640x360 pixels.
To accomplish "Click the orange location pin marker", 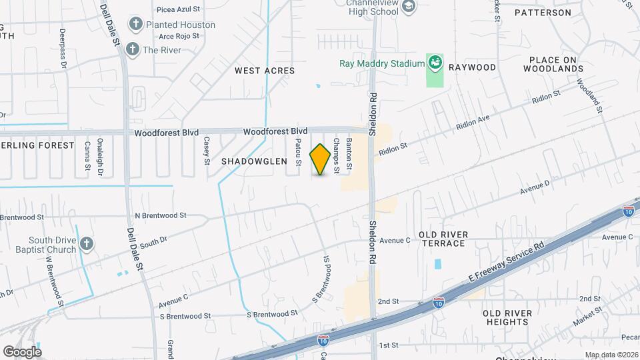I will pyautogui.click(x=321, y=159).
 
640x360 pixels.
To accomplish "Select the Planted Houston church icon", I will pyautogui.click(x=136, y=25).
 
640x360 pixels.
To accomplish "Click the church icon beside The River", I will pyautogui.click(x=132, y=49).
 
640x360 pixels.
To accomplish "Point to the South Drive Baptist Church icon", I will pyautogui.click(x=86, y=245).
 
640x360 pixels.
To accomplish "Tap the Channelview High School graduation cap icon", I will pyautogui.click(x=409, y=7).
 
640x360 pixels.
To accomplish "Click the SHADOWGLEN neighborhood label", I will pyautogui.click(x=253, y=161).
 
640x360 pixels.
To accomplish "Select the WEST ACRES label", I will pyautogui.click(x=265, y=70).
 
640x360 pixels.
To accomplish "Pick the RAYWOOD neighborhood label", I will pyautogui.click(x=473, y=67).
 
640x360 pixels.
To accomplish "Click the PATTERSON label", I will pyautogui.click(x=543, y=13).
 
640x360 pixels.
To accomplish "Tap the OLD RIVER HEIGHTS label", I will pyautogui.click(x=507, y=317).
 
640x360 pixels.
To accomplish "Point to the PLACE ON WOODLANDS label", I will pyautogui.click(x=557, y=64).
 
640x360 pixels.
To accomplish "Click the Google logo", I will pyautogui.click(x=22, y=351).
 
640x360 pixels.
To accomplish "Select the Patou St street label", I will pyautogui.click(x=299, y=152).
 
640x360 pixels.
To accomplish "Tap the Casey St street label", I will pyautogui.click(x=207, y=151).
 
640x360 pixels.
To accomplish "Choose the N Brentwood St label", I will pyautogui.click(x=161, y=215).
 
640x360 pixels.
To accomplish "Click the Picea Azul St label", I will pyautogui.click(x=179, y=10).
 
